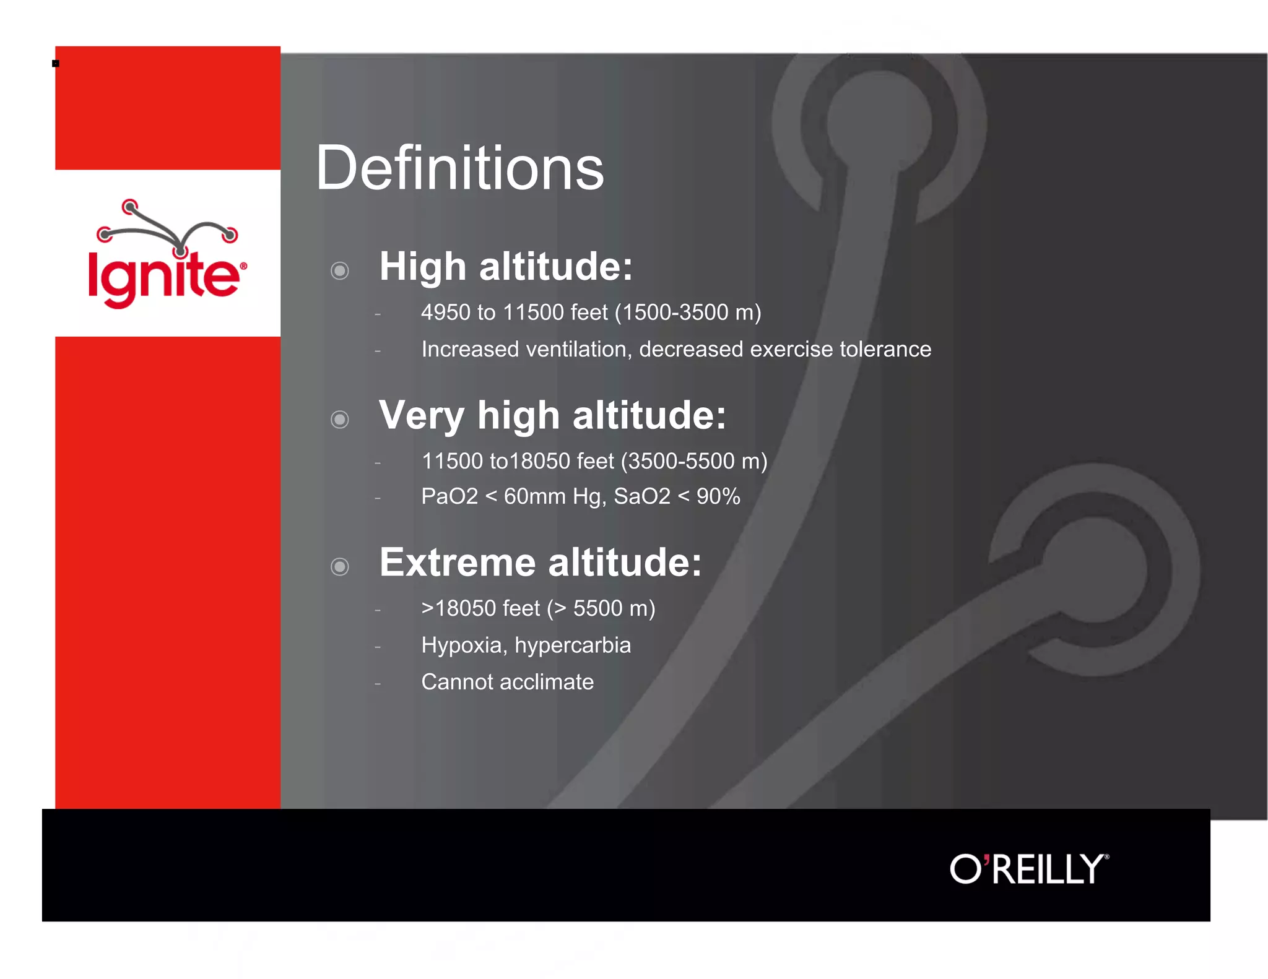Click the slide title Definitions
459,168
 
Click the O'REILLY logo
1028,869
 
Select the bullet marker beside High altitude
340,270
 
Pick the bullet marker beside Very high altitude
340,420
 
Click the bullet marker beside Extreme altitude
340,566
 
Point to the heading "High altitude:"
506,267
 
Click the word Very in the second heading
421,416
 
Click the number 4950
446,313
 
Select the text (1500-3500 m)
688,313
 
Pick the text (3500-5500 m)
694,461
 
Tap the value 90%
718,496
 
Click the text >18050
454,608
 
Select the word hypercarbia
573,645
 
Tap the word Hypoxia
461,645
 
